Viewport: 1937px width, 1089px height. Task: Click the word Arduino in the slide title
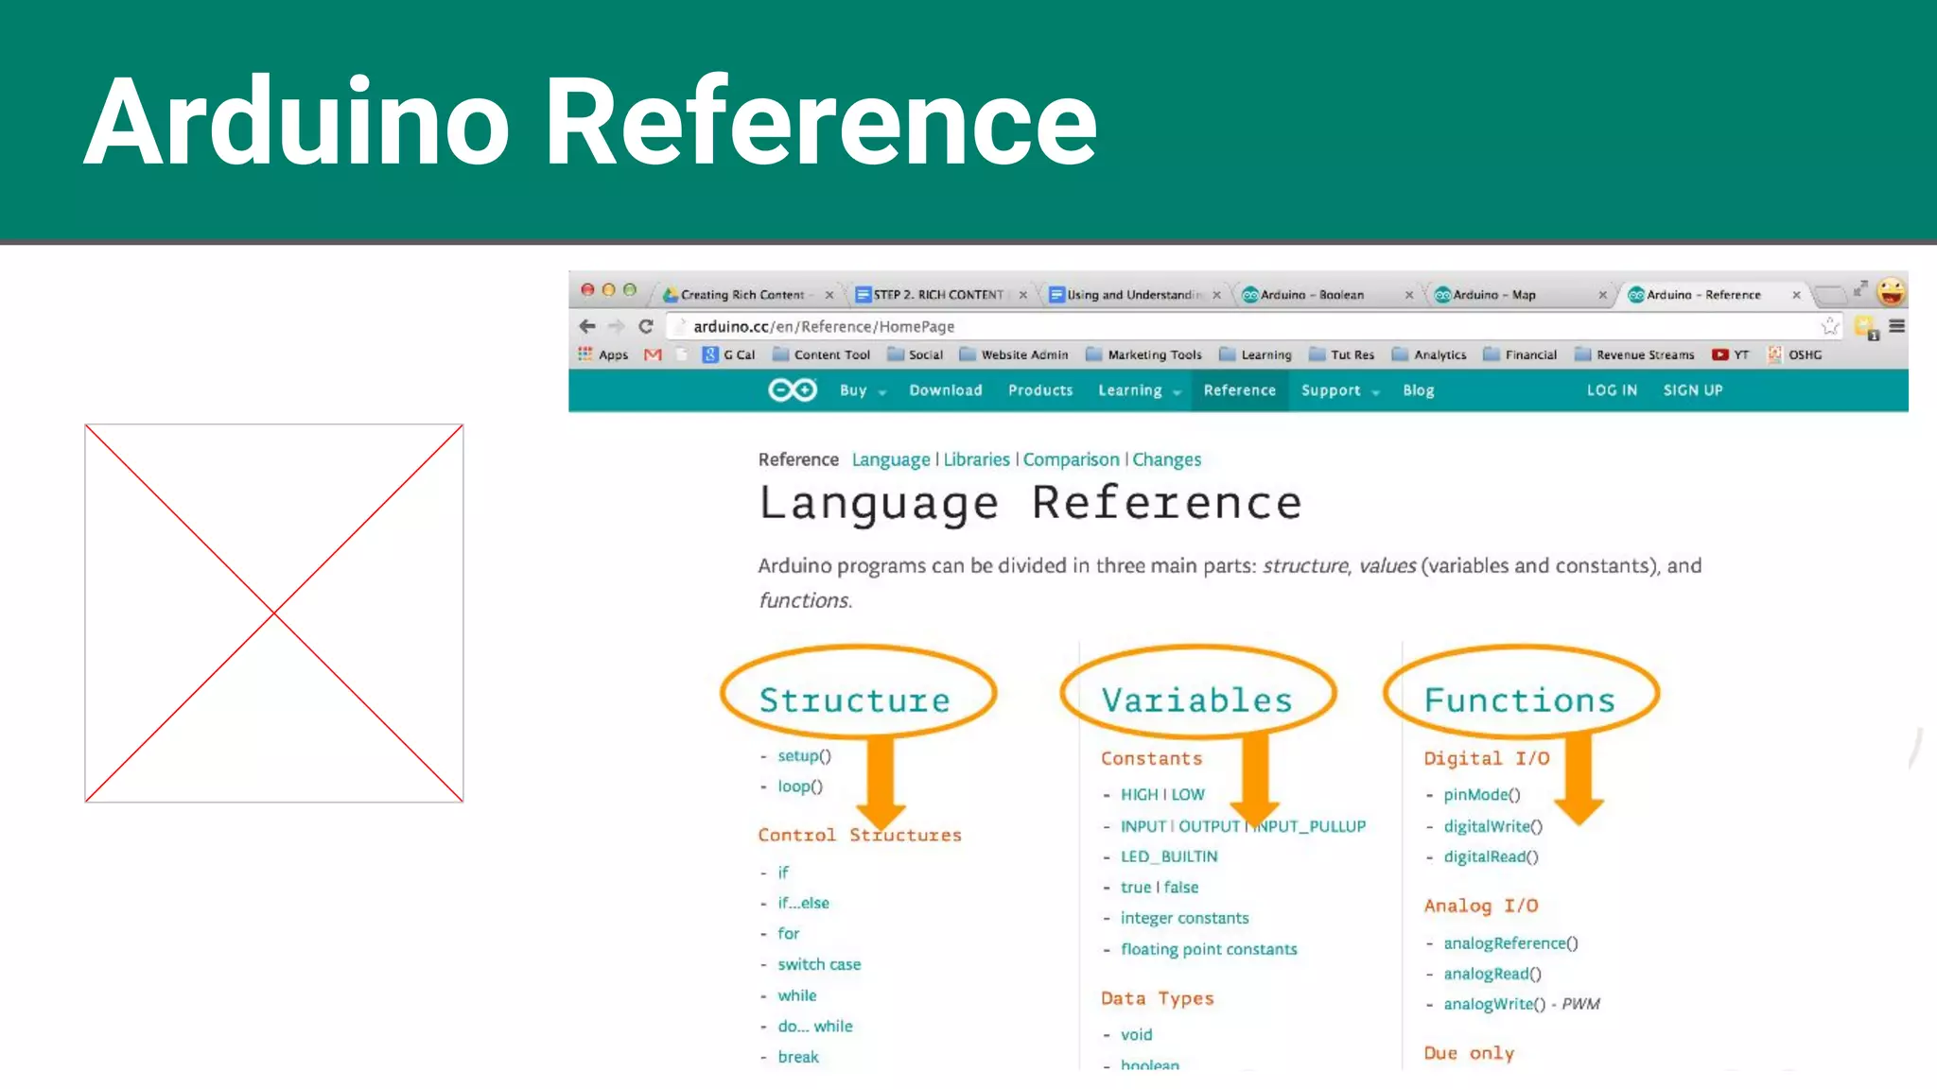tap(298, 122)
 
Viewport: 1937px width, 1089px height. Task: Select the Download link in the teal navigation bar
tap(945, 390)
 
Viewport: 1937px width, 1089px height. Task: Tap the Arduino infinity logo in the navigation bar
tap(792, 390)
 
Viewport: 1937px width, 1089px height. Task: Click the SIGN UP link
tap(1692, 390)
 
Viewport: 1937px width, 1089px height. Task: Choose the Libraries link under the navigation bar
tap(976, 459)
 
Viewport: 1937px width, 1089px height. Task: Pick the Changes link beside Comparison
tap(1166, 459)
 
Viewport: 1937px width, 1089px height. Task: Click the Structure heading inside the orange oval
tap(854, 700)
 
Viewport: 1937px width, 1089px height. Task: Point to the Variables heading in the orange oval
tap(1196, 700)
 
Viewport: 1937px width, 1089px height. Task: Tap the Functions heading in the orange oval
tap(1519, 700)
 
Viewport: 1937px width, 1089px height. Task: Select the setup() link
tap(804, 756)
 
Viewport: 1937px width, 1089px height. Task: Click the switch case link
tap(819, 964)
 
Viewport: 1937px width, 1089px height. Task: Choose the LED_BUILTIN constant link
tap(1169, 856)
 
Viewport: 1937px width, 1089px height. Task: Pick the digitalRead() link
tap(1491, 856)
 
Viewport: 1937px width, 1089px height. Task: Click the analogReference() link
tap(1510, 943)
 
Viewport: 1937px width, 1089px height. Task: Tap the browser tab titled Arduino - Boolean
tap(1312, 295)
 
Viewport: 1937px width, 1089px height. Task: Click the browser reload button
tap(646, 326)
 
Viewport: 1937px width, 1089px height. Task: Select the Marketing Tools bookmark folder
tap(1154, 354)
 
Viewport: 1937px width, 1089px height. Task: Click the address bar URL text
tap(824, 326)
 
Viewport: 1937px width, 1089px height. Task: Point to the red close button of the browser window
tap(587, 290)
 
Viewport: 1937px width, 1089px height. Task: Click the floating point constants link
tap(1209, 949)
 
